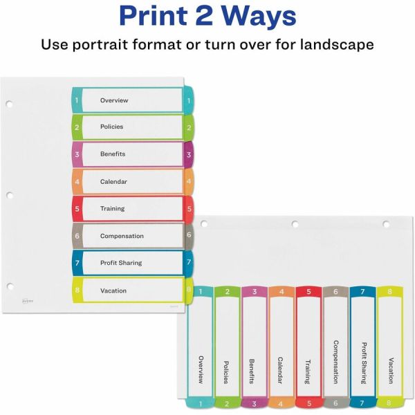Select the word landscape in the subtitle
click(x=337, y=44)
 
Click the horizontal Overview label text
click(x=114, y=100)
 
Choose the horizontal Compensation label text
click(x=122, y=236)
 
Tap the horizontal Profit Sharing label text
click(x=121, y=263)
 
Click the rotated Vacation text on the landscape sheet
click(x=391, y=371)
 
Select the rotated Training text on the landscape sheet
click(x=308, y=371)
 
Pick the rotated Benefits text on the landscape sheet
click(x=252, y=371)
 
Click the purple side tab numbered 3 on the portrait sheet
click(x=188, y=155)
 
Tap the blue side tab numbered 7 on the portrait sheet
click(x=188, y=263)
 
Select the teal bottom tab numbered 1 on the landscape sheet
click(x=200, y=403)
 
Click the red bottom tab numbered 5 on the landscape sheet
click(x=309, y=403)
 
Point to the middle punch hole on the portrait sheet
click(x=10, y=196)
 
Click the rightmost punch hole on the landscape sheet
click(x=386, y=224)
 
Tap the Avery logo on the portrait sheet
click(x=28, y=301)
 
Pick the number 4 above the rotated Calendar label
click(x=282, y=291)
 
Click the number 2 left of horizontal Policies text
click(x=77, y=127)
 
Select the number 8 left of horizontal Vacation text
click(x=77, y=290)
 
